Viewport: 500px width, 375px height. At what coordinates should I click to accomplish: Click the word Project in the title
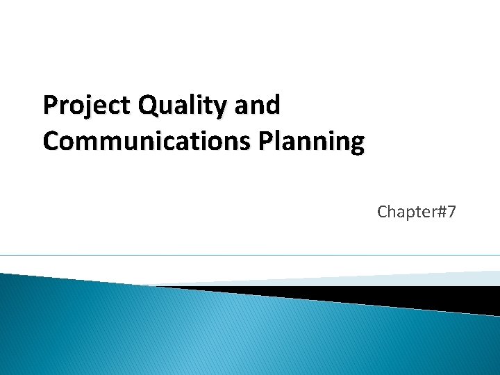tap(87, 106)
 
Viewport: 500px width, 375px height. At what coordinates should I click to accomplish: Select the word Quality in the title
tap(183, 106)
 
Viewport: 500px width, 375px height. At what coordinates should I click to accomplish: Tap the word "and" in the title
tap(258, 106)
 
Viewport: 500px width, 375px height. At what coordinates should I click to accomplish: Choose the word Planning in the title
tap(312, 141)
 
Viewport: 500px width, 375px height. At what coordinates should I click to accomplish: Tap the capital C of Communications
tap(51, 141)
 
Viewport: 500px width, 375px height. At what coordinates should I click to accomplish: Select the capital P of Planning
tap(268, 141)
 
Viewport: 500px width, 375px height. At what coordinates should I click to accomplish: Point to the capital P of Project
tap(50, 106)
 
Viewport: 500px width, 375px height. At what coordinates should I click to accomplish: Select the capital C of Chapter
tap(383, 212)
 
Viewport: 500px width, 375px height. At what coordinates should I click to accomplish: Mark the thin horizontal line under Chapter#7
tap(250, 255)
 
